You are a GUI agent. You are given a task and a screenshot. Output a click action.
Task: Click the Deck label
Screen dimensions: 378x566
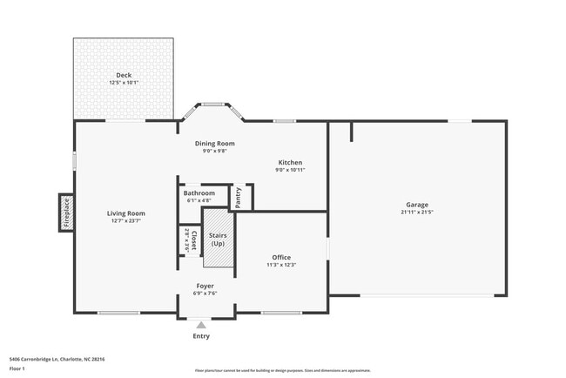click(x=125, y=75)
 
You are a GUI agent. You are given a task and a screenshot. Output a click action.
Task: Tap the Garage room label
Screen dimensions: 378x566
click(x=417, y=204)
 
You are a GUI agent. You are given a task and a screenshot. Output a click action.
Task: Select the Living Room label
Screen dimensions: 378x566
click(x=125, y=213)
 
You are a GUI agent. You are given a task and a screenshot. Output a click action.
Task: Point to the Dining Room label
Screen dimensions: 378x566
click(x=214, y=144)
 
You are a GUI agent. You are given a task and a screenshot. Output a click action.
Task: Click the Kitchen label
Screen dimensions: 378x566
click(x=290, y=163)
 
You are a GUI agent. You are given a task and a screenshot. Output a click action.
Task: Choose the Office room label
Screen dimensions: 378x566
click(x=281, y=257)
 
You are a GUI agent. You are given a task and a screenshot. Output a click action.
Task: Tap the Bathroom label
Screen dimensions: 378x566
click(x=199, y=192)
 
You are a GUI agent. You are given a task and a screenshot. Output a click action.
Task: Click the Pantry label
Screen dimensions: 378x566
click(x=238, y=197)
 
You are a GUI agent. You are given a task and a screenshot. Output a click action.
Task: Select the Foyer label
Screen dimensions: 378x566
click(x=205, y=286)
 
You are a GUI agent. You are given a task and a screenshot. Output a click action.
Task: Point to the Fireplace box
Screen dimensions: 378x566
click(x=66, y=212)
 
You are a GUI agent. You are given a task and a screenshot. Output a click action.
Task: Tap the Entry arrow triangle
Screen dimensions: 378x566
click(x=201, y=324)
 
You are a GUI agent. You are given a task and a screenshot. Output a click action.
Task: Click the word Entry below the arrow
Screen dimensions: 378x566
click(x=201, y=336)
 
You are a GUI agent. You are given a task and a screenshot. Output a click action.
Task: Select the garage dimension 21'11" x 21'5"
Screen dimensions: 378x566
click(x=417, y=212)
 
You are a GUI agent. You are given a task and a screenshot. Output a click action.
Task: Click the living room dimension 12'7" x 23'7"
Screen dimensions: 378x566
click(x=125, y=221)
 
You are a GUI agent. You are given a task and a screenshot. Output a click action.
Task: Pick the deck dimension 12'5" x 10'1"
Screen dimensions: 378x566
click(x=125, y=83)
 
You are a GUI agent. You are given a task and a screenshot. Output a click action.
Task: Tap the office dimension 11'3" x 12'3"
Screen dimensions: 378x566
click(x=281, y=265)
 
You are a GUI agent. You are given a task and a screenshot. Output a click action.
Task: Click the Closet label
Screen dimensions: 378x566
click(x=194, y=240)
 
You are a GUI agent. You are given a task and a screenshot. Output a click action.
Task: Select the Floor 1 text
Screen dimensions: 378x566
click(x=17, y=368)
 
